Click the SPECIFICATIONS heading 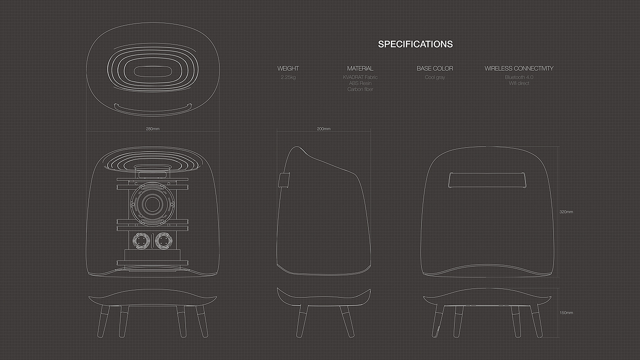click(x=415, y=44)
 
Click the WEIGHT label click(x=288, y=69)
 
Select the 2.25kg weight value click(x=288, y=77)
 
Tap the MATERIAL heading click(x=360, y=69)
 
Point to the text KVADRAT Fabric click(x=360, y=77)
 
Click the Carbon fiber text click(x=360, y=89)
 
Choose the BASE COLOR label click(x=435, y=69)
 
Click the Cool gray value click(x=435, y=77)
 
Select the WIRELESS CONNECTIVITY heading click(x=519, y=69)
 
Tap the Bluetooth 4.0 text click(x=519, y=77)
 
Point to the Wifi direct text click(x=519, y=83)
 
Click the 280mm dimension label click(x=153, y=129)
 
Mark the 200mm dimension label click(x=323, y=129)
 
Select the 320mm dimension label click(x=566, y=212)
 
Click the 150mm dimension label click(x=566, y=313)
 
